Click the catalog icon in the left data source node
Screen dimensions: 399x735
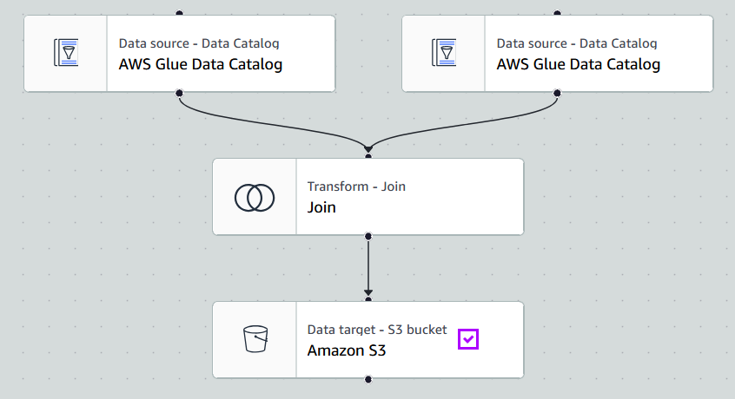pyautogui.click(x=65, y=53)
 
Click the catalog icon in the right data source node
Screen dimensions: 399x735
pyautogui.click(x=444, y=53)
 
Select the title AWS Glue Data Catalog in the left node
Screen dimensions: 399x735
pyautogui.click(x=200, y=64)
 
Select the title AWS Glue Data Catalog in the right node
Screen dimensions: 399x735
pyautogui.click(x=578, y=64)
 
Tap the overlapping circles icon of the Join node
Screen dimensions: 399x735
pyautogui.click(x=255, y=198)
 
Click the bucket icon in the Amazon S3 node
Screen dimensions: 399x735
pyautogui.click(x=255, y=340)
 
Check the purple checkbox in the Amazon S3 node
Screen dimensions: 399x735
pyautogui.click(x=468, y=339)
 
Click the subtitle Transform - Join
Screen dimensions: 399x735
pyautogui.click(x=356, y=186)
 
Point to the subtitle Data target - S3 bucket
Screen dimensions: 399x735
pyautogui.click(x=377, y=330)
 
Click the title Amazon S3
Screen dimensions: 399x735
pyautogui.click(x=346, y=351)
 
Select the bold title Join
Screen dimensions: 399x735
pyautogui.click(x=321, y=207)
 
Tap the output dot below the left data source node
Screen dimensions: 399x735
pyautogui.click(x=179, y=92)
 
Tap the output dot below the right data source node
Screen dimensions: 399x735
pyautogui.click(x=557, y=92)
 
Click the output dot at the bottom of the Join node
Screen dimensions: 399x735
pyautogui.click(x=368, y=236)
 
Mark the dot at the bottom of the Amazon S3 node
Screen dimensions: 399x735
pyautogui.click(x=368, y=379)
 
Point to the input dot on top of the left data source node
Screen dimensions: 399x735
pyautogui.click(x=179, y=14)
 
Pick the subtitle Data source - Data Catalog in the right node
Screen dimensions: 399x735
pyautogui.click(x=576, y=43)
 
